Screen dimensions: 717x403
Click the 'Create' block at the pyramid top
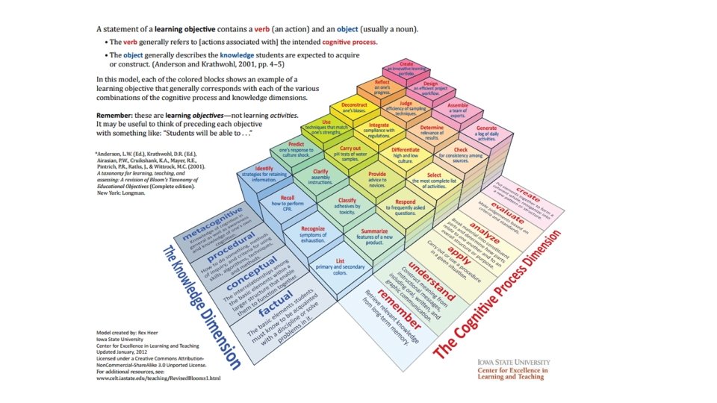pos(407,68)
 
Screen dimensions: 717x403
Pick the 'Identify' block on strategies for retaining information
pos(264,172)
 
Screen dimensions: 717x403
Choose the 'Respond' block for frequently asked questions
pos(405,206)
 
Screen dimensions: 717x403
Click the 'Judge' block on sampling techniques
pos(406,107)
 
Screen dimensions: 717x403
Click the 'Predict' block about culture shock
pos(296,147)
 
